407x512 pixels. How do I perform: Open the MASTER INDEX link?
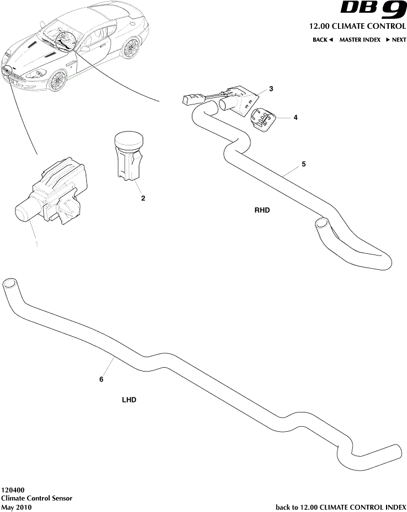[x=360, y=40]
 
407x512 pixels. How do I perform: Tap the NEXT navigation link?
[x=396, y=40]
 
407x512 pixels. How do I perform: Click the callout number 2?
[x=143, y=198]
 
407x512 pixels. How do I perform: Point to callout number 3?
[x=271, y=89]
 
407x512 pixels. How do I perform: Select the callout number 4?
[x=295, y=118]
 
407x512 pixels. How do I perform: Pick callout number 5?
[x=303, y=164]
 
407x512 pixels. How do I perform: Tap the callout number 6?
[x=101, y=379]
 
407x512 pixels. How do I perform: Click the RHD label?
[x=262, y=210]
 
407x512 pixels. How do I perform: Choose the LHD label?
[x=129, y=400]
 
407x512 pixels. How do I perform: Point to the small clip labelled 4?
[x=264, y=119]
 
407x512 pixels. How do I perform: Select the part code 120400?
[x=12, y=490]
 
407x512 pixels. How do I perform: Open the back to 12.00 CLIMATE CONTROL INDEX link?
[x=341, y=507]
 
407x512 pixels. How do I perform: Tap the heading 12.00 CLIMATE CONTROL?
[x=358, y=27]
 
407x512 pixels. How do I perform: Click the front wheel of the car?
[x=56, y=81]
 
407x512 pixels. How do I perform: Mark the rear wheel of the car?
[x=131, y=49]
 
